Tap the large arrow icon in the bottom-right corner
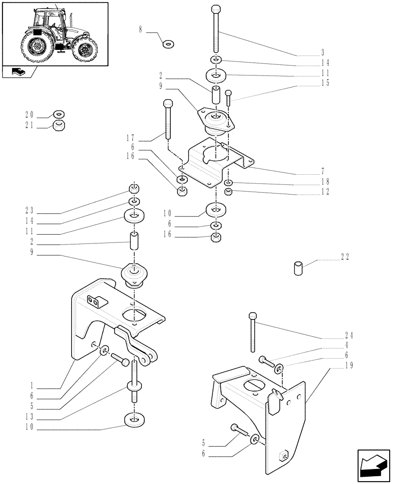click(x=373, y=466)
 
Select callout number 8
click(x=140, y=30)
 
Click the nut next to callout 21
click(x=59, y=126)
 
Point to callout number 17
click(x=129, y=138)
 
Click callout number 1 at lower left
click(x=30, y=386)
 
